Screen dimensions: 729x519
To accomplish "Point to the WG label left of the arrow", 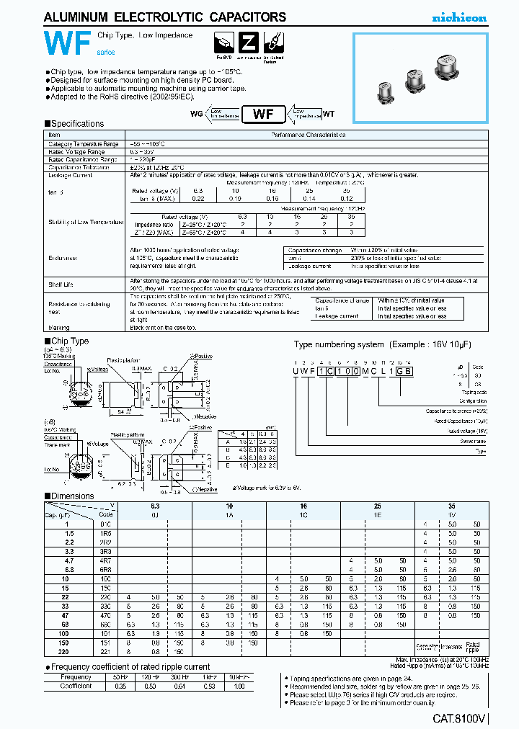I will coord(196,113).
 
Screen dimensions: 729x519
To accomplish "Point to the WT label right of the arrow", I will coord(328,113).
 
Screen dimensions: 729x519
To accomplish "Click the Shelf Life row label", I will coord(61,283).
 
